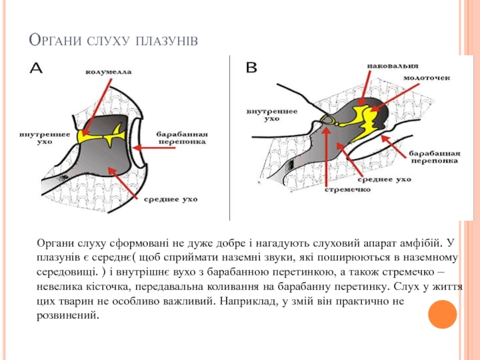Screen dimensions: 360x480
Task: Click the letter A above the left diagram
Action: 36,68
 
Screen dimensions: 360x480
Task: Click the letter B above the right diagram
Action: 252,68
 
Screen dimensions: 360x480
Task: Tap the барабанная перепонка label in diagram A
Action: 182,137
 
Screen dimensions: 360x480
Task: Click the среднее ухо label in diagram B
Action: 385,179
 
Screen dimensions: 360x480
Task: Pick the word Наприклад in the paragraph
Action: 249,301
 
